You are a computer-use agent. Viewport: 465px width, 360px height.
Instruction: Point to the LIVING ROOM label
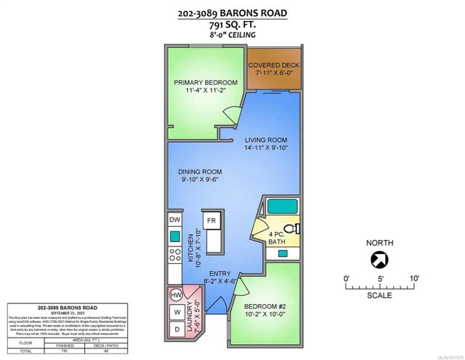pyautogui.click(x=265, y=140)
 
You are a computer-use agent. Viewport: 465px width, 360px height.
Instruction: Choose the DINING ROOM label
pyautogui.click(x=201, y=172)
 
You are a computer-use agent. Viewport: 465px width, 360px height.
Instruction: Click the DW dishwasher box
pyautogui.click(x=175, y=220)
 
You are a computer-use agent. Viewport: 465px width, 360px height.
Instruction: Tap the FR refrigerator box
pyautogui.click(x=211, y=220)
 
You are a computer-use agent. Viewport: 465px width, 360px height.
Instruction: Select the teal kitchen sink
pyautogui.click(x=175, y=236)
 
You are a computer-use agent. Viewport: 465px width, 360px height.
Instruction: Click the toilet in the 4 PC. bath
pyautogui.click(x=293, y=228)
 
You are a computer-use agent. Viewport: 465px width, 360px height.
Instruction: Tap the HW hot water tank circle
pyautogui.click(x=175, y=296)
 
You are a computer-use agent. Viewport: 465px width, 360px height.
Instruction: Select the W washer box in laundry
pyautogui.click(x=175, y=313)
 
